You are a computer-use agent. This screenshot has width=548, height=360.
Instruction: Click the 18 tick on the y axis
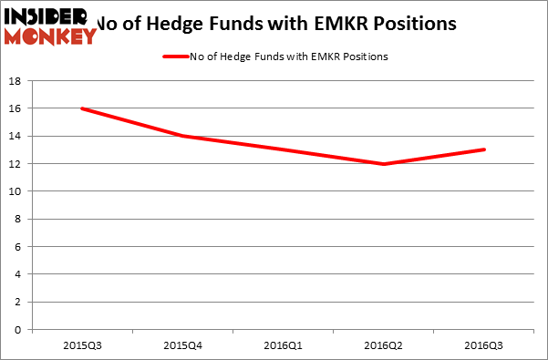click(x=17, y=81)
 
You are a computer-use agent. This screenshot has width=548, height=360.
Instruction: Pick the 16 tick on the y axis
click(x=17, y=108)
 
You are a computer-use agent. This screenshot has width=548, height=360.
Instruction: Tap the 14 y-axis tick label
click(x=17, y=136)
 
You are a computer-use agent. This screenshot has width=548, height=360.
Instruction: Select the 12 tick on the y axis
click(x=17, y=164)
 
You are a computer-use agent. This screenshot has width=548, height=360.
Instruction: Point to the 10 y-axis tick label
click(x=17, y=191)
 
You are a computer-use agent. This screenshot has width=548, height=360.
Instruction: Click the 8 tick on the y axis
click(x=20, y=219)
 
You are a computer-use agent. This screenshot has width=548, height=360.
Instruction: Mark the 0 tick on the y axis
click(x=20, y=329)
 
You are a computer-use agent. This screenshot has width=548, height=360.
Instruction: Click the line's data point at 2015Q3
click(x=82, y=108)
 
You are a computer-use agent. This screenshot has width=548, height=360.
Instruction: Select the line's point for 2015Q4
click(x=182, y=136)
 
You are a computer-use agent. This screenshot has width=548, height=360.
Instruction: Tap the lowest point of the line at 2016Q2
click(x=384, y=164)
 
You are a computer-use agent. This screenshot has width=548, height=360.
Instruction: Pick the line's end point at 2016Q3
click(x=484, y=149)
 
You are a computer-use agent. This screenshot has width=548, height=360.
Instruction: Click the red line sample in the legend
click(x=175, y=57)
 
